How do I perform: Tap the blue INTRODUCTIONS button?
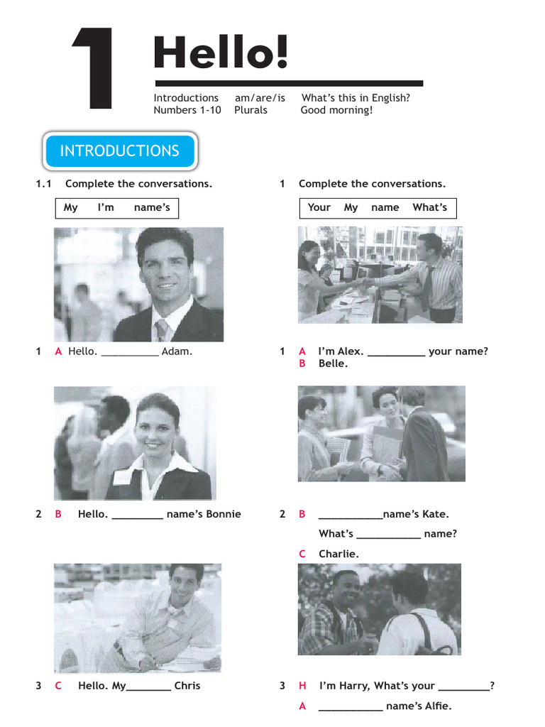119,151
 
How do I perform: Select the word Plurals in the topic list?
251,110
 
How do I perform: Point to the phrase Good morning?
336,110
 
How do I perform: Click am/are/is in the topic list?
260,98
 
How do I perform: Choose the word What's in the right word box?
429,207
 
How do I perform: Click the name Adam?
177,351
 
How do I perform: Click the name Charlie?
338,554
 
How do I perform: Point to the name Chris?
187,686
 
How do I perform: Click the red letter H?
302,686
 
